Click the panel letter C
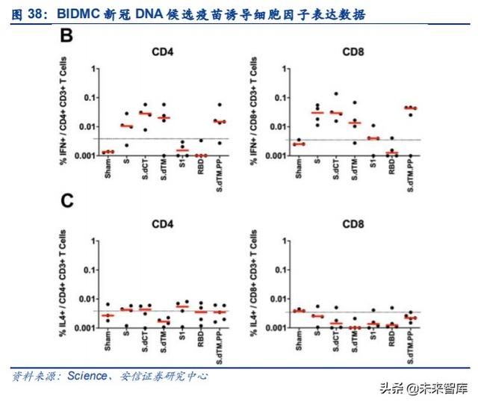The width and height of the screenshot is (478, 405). (68, 202)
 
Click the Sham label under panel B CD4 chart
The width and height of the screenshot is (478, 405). (108, 171)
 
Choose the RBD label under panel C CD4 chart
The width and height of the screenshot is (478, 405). (201, 340)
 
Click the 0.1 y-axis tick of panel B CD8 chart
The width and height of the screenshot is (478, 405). (281, 97)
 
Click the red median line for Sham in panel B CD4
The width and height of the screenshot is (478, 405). (109, 152)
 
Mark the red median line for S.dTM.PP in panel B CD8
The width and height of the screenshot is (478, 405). (410, 108)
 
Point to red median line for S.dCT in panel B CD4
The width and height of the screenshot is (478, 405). (146, 114)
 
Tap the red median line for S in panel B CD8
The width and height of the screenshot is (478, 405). (318, 113)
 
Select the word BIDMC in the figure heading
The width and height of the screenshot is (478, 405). (84, 13)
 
